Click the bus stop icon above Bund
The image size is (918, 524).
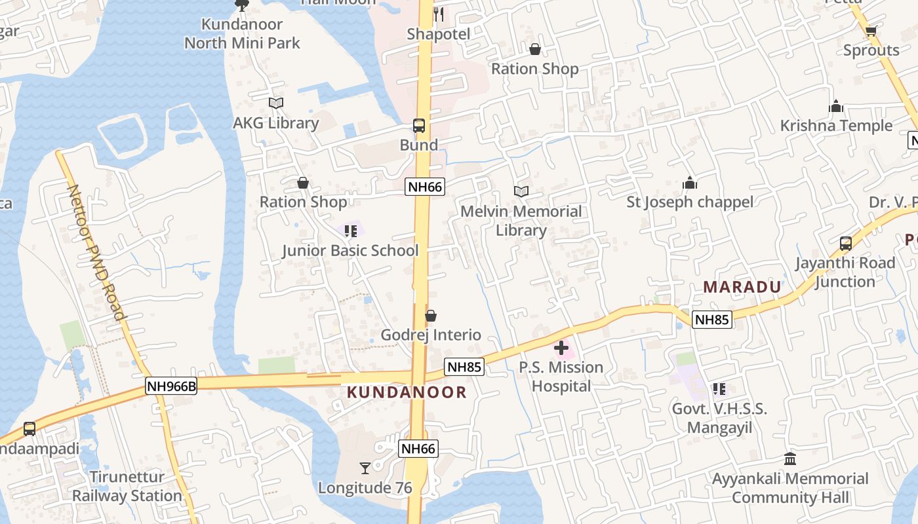419,126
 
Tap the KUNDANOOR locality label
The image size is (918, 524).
407,392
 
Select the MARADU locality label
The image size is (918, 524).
742,287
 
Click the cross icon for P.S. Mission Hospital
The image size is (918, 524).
561,348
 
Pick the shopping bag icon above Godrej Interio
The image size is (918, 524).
431,316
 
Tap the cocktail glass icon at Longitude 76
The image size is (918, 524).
365,468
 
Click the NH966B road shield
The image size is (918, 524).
171,386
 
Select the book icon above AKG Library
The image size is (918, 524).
276,103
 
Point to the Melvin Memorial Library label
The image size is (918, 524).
521,221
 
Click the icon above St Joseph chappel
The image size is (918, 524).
690,183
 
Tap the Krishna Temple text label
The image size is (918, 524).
836,126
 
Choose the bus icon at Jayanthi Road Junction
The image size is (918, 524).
846,244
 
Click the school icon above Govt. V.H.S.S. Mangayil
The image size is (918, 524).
719,389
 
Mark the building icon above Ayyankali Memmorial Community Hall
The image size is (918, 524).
790,458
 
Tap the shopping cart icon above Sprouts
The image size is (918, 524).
871,31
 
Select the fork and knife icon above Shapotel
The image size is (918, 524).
439,14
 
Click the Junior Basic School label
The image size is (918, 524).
350,250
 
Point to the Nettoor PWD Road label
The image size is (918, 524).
96,252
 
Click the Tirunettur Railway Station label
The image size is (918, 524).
127,486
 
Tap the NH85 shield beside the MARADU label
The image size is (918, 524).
712,320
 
